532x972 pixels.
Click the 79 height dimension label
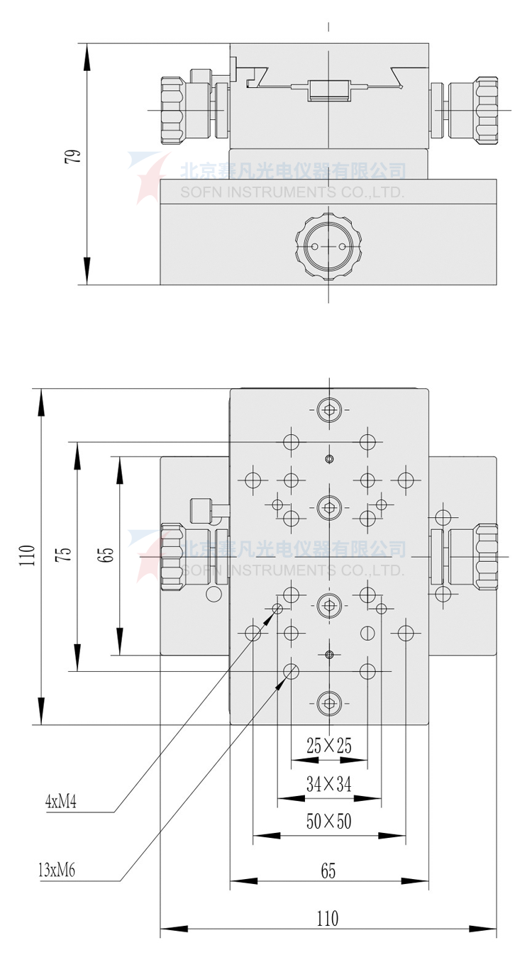[72, 156]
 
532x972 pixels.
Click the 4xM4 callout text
[61, 802]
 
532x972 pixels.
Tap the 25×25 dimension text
[329, 745]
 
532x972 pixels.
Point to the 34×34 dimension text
[329, 783]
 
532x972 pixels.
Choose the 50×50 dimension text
[329, 822]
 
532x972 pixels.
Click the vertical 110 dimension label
[26, 555]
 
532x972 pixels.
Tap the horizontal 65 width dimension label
[328, 871]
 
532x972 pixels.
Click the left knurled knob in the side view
[172, 110]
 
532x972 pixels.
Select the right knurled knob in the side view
[487, 110]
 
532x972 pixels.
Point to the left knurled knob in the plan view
[172, 556]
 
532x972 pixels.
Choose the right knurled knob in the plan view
[487, 556]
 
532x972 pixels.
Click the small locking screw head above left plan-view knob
[201, 509]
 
